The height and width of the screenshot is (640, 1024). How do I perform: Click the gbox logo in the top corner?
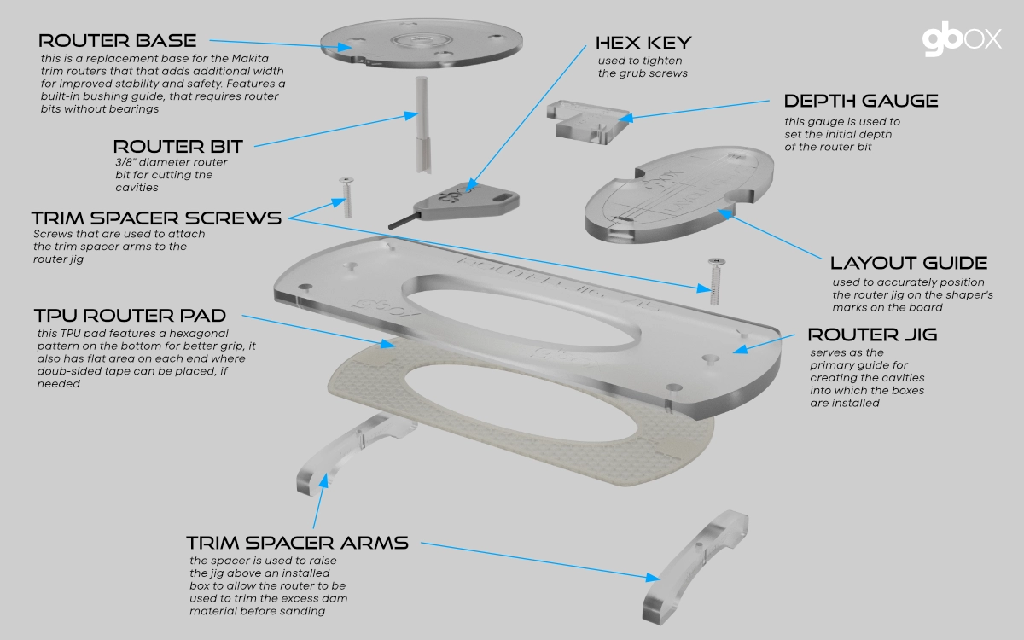pyautogui.click(x=962, y=41)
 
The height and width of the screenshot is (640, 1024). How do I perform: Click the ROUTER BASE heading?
pyautogui.click(x=118, y=41)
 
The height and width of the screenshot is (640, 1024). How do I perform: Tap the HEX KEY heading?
pyautogui.click(x=643, y=43)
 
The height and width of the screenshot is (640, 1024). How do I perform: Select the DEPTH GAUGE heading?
pyautogui.click(x=861, y=101)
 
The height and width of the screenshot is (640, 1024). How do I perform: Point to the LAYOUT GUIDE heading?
pyautogui.click(x=910, y=263)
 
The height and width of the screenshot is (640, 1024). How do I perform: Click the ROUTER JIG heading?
pyautogui.click(x=873, y=335)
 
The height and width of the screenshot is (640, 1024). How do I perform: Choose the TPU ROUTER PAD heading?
pyautogui.click(x=131, y=316)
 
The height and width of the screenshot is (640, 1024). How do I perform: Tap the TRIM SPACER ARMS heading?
pyautogui.click(x=298, y=543)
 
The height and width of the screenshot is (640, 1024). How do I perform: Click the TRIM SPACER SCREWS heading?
pyautogui.click(x=156, y=218)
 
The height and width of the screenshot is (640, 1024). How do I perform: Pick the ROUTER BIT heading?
pyautogui.click(x=177, y=147)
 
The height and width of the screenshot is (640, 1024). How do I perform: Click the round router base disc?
pyautogui.click(x=421, y=43)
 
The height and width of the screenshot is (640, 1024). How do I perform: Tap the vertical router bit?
pyautogui.click(x=422, y=125)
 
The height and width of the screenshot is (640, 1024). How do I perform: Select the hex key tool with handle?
pyautogui.click(x=457, y=204)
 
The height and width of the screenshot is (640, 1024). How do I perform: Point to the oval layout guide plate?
pyautogui.click(x=679, y=194)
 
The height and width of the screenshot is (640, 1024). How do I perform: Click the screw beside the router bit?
pyautogui.click(x=347, y=197)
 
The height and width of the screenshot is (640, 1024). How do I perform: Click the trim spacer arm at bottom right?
pyautogui.click(x=695, y=567)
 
